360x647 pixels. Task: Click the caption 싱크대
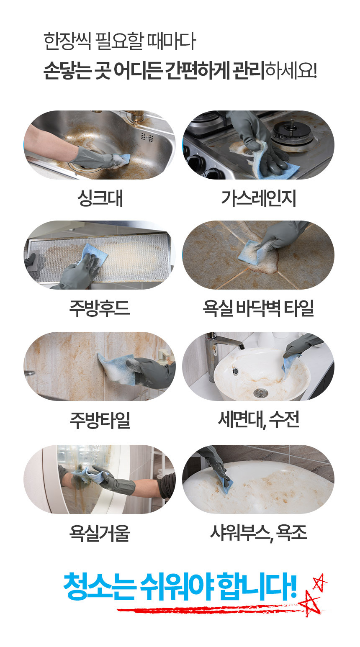100,198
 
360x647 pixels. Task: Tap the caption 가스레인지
259,198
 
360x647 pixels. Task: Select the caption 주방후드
100,308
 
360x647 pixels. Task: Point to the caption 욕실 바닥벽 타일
258,308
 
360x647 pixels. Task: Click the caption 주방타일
100,420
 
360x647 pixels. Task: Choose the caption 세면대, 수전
259,420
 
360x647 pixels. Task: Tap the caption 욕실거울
100,532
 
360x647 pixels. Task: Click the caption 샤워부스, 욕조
258,532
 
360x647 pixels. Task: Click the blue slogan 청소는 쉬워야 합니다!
180,586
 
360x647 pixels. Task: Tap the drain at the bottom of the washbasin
261,393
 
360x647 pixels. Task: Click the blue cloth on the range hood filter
93,254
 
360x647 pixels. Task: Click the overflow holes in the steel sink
147,137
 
